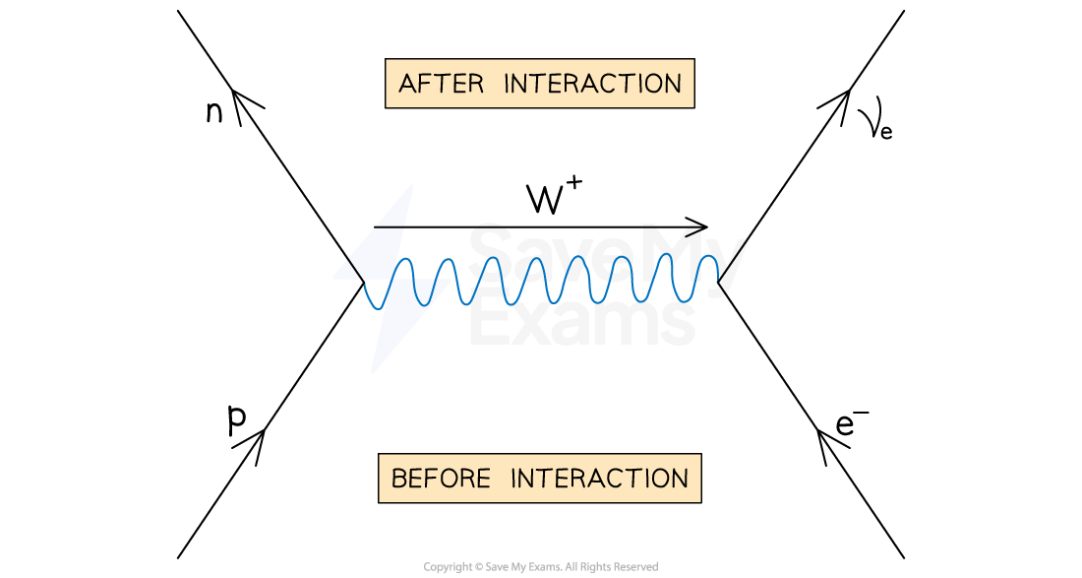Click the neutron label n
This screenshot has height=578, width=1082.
(214, 112)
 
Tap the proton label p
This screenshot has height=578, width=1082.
(237, 419)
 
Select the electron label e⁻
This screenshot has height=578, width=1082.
(852, 423)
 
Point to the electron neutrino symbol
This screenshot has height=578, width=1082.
(874, 124)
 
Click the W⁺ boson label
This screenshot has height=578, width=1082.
(555, 195)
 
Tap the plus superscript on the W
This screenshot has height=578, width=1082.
(574, 184)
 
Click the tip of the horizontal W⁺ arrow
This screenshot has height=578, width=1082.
(708, 226)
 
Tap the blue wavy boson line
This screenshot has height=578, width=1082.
(541, 281)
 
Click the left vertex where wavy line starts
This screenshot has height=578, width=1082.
(364, 283)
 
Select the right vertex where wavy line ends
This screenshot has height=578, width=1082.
(718, 282)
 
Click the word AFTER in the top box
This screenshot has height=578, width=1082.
(442, 85)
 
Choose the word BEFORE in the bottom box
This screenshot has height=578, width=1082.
(441, 479)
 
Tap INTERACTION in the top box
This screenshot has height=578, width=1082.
(593, 85)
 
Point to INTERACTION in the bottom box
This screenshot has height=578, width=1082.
(600, 479)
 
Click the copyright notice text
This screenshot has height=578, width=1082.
(541, 567)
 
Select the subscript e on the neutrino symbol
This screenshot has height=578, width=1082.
(886, 132)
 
